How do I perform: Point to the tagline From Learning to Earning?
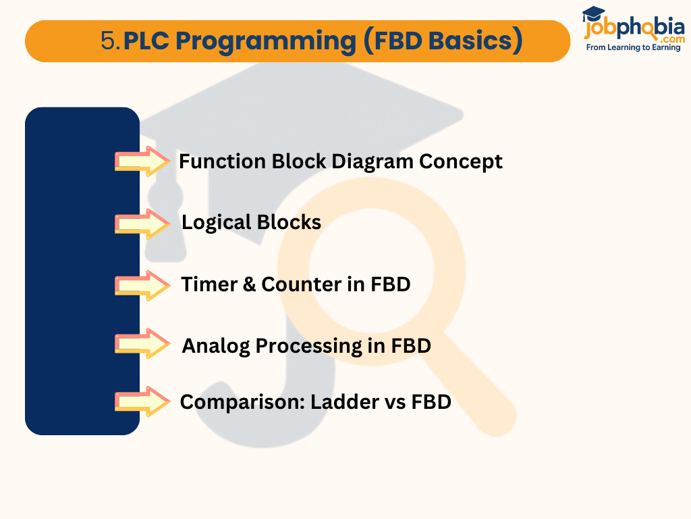point(633,48)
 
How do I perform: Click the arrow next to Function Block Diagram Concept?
point(142,161)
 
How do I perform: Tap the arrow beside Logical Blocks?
point(142,223)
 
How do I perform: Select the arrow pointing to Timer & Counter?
point(142,285)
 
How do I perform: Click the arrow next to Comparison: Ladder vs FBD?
point(142,401)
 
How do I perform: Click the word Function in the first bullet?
point(221,162)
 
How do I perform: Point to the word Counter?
point(301,285)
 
